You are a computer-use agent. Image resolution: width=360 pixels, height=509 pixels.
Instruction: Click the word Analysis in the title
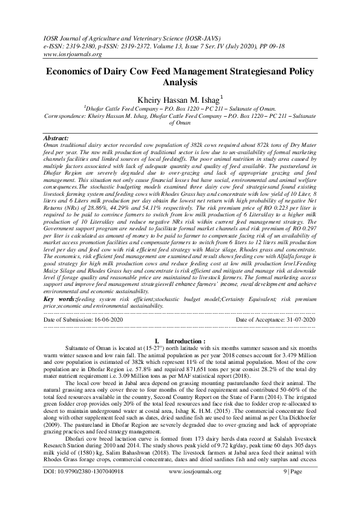[x=180, y=82]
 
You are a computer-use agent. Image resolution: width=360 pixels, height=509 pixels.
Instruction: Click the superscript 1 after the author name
[x=222, y=94]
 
